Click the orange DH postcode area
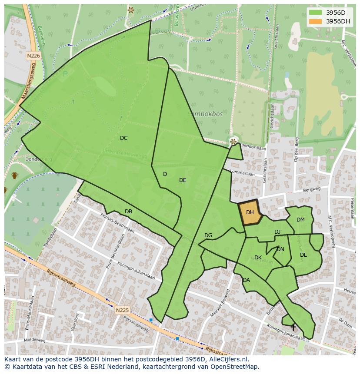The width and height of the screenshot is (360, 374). [250, 213]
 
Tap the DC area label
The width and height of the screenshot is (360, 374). [124, 138]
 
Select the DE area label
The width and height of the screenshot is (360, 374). [183, 180]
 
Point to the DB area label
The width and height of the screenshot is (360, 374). [128, 212]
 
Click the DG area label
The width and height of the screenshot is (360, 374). [208, 235]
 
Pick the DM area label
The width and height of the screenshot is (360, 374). [300, 220]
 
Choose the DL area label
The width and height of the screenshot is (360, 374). [303, 255]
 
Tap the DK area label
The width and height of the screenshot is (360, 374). [258, 258]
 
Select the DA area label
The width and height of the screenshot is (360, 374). [246, 280]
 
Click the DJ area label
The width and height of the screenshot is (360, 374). [277, 232]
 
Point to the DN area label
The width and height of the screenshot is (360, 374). [280, 249]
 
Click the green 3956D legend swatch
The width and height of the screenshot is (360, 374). [315, 13]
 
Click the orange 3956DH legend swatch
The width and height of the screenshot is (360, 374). [315, 21]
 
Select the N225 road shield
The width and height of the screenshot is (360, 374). [122, 310]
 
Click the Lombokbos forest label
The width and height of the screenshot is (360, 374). [205, 114]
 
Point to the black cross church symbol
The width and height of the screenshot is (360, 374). [293, 327]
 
